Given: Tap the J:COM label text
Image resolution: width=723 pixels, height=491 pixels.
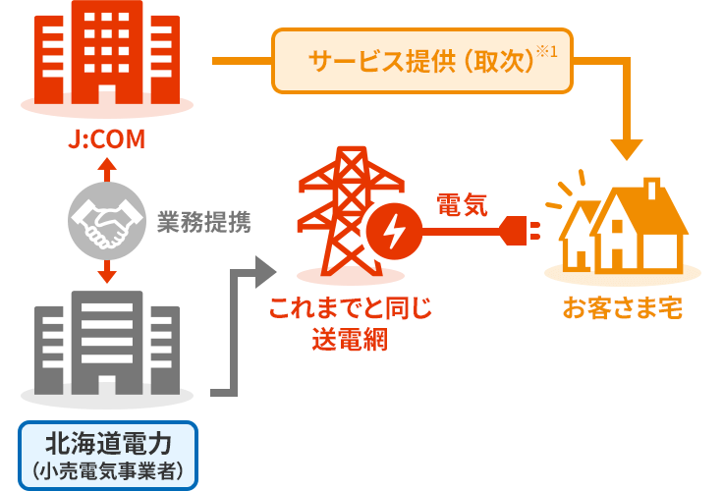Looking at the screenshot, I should pyautogui.click(x=107, y=140).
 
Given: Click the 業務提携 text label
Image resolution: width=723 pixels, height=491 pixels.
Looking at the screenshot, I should pyautogui.click(x=204, y=224).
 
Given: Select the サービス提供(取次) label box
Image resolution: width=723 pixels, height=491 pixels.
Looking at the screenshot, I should pyautogui.click(x=421, y=61).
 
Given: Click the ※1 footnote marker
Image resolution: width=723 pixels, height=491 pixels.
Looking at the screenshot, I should pyautogui.click(x=546, y=50).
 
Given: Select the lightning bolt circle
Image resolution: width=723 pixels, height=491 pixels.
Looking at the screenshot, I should pyautogui.click(x=391, y=234).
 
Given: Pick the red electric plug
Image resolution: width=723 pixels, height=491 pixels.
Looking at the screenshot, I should pyautogui.click(x=522, y=234).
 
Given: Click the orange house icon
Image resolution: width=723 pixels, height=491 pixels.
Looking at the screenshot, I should pyautogui.click(x=625, y=226).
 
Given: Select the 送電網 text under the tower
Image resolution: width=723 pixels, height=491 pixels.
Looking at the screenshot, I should pyautogui.click(x=350, y=340).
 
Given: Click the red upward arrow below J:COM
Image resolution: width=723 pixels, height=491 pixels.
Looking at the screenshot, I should pyautogui.click(x=107, y=169).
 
